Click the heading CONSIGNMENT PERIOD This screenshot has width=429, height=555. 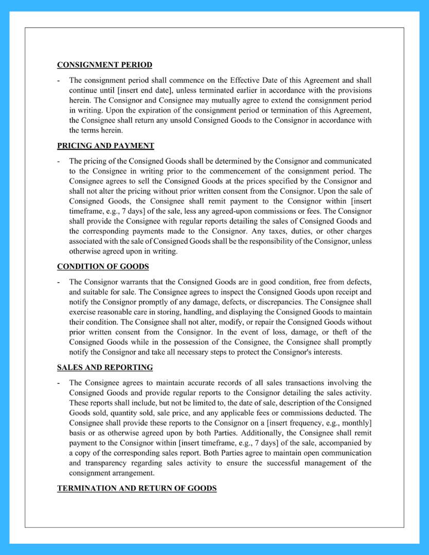click(x=104, y=65)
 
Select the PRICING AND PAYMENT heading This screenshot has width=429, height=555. click(x=105, y=146)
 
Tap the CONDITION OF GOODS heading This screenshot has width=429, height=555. click(x=103, y=267)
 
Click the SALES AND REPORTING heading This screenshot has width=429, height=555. click(x=105, y=367)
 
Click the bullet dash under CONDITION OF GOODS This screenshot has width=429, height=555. click(x=59, y=282)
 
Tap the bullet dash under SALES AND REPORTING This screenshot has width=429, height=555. click(x=59, y=383)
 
